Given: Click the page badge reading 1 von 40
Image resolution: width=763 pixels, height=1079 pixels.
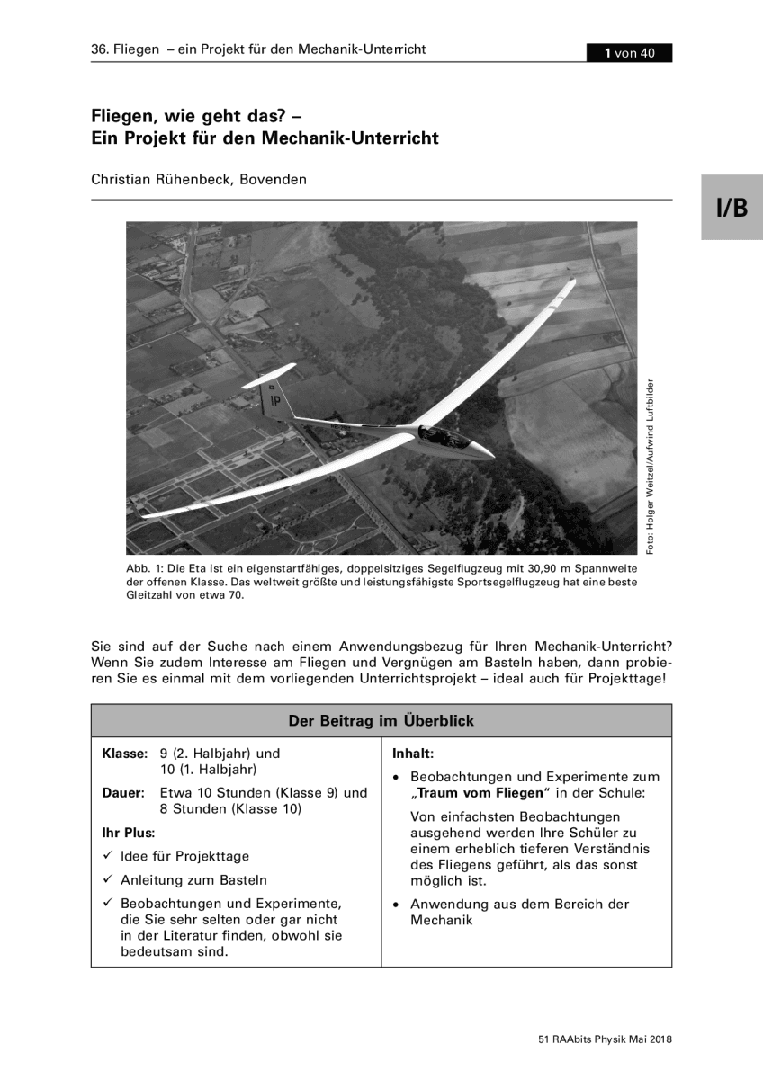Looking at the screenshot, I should [x=630, y=53].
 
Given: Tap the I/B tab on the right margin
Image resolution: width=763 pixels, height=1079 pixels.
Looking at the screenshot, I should [x=732, y=208].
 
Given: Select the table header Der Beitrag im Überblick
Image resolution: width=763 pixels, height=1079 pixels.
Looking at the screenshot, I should [x=381, y=721].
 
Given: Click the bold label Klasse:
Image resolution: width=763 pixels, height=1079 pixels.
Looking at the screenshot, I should [x=124, y=754].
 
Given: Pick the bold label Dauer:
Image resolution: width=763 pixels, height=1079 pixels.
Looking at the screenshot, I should [x=124, y=793].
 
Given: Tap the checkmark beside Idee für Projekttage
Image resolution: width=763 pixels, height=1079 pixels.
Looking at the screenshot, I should [x=107, y=856].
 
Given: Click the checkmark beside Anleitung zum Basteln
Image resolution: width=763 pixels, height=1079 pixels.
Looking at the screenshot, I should [x=107, y=880].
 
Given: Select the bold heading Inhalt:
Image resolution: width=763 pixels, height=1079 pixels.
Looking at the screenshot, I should [x=413, y=754].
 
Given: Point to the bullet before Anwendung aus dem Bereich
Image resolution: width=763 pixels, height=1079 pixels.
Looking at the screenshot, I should [x=397, y=905].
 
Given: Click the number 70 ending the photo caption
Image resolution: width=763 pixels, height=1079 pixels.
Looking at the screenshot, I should [x=235, y=595].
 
